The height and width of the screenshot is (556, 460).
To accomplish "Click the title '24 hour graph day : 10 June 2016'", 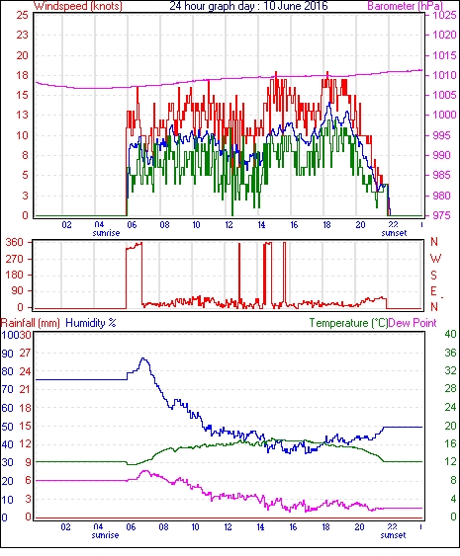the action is point(248,6).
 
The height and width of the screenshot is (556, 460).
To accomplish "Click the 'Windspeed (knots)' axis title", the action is point(78,6).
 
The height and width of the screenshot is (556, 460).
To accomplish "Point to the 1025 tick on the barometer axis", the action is point(444,15).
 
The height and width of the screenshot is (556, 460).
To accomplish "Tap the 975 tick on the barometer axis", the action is point(443,215).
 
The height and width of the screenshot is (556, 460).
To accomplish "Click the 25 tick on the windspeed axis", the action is point(22,15).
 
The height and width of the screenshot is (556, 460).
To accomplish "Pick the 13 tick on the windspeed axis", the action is point(22,115).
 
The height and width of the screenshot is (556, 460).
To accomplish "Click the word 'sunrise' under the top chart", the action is point(106,233).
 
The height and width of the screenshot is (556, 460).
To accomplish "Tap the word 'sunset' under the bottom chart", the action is point(393,535).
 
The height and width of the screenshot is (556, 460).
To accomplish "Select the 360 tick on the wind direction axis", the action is point(15,243).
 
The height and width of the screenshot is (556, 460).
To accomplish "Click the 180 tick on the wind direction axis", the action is point(15,275).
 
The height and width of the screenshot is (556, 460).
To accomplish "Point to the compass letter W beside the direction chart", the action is point(435,259).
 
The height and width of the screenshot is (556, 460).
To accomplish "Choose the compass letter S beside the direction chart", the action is point(433,275).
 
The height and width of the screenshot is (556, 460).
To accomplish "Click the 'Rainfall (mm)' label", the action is point(31,323).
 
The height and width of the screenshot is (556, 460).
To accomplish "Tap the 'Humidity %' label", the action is point(91,323).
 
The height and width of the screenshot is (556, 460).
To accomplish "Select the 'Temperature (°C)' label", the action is point(348,323).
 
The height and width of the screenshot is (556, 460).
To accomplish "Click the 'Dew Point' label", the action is point(413,323).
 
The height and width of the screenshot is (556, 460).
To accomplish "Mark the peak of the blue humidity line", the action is point(143,358).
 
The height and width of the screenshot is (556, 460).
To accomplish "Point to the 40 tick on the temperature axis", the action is point(450,335).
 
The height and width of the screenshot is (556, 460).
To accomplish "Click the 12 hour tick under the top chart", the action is point(229,225).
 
